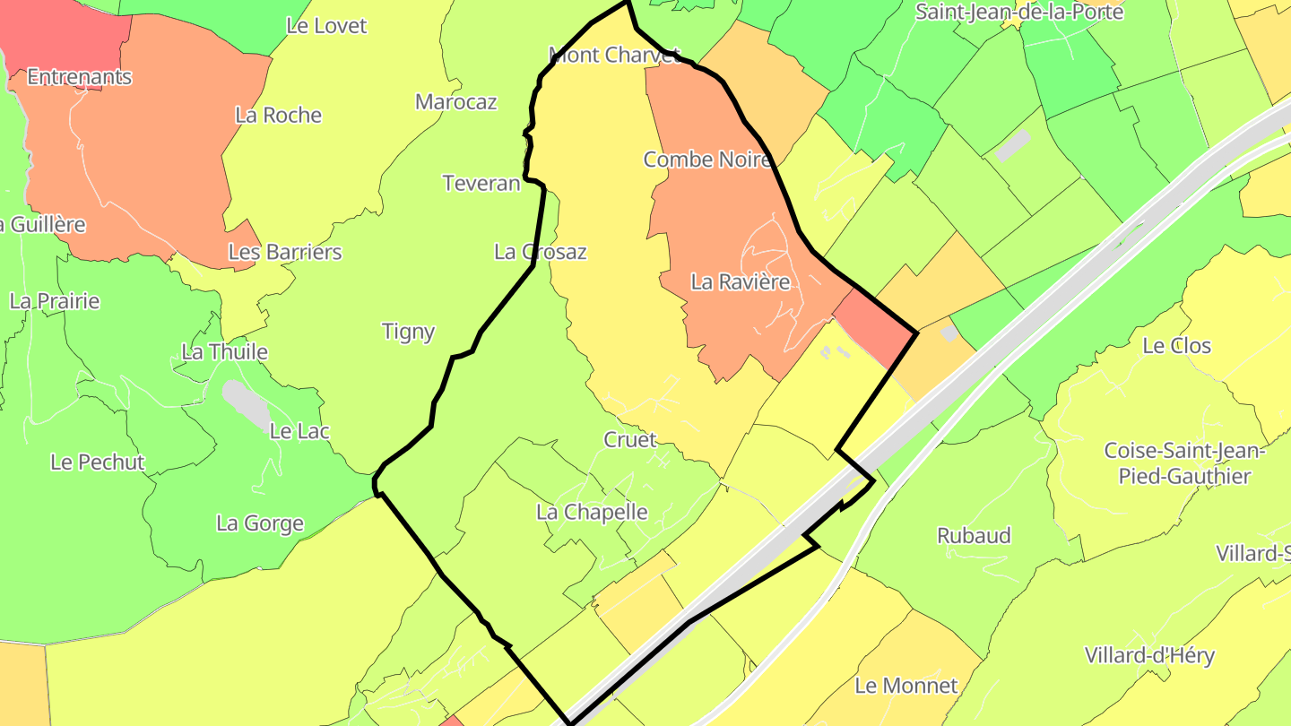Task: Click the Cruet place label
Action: coord(629,440)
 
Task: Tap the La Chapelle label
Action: coord(592,512)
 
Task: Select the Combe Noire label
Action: coord(707,160)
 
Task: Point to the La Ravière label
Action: coord(740,281)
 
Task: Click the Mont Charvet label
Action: coord(615,55)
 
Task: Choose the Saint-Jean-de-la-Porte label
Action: coord(1018,12)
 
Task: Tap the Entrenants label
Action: coord(79,77)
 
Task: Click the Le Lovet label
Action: coord(326,26)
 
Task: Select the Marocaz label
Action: coord(455,102)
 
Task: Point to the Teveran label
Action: coord(481,183)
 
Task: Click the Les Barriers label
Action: coord(285,252)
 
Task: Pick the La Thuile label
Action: coord(224,351)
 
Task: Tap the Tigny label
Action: coord(408,332)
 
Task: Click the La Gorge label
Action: coord(260,523)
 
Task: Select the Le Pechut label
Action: coord(97,462)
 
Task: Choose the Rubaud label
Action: coord(974,535)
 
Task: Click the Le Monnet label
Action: coord(905,686)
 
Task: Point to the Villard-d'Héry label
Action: coord(1148,655)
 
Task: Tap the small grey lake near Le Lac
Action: coord(245,402)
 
